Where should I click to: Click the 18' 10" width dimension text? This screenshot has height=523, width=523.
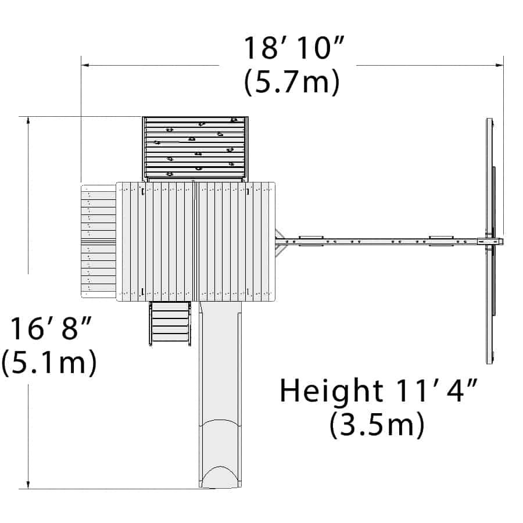pyautogui.click(x=294, y=48)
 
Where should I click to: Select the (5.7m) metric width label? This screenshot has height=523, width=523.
pyautogui.click(x=292, y=82)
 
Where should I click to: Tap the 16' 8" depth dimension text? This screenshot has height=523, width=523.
pyautogui.click(x=51, y=328)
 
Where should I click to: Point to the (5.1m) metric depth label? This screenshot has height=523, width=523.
pyautogui.click(x=49, y=363)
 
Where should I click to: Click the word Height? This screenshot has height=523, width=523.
pyautogui.click(x=331, y=390)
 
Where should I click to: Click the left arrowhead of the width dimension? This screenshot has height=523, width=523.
pyautogui.click(x=85, y=65)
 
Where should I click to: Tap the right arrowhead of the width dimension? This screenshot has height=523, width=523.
pyautogui.click(x=500, y=65)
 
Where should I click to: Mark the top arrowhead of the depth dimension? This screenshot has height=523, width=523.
pyautogui.click(x=28, y=121)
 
